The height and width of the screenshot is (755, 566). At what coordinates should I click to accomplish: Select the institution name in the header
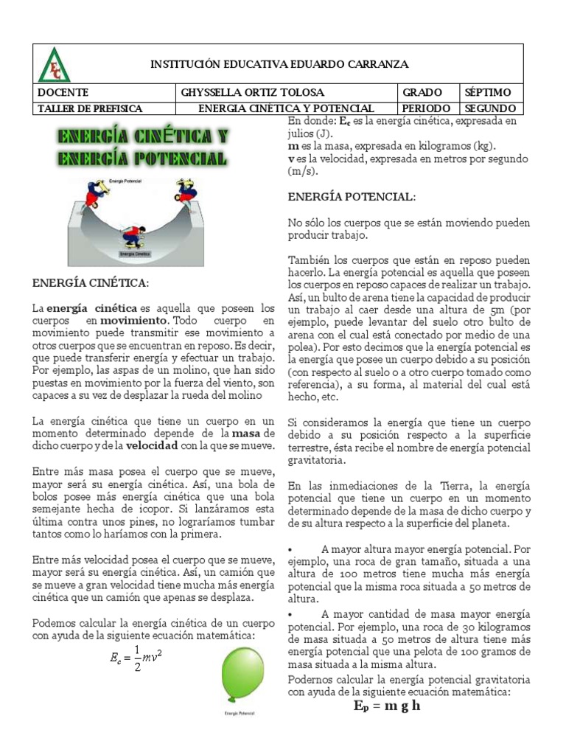(279, 65)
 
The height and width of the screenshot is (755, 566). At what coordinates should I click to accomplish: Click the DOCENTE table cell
(63, 93)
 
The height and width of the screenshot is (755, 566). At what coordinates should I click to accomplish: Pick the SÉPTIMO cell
(487, 93)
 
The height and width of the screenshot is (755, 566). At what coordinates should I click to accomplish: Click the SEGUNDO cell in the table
(490, 108)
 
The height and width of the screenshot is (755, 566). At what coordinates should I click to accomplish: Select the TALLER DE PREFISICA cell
(89, 108)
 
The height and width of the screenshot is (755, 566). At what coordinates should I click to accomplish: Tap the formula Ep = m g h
(386, 706)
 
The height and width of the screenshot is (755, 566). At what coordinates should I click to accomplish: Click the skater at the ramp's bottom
(133, 235)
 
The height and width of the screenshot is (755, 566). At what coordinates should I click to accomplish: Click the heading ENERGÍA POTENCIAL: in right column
(351, 198)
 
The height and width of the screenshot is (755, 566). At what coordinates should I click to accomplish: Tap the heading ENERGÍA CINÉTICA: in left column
(90, 283)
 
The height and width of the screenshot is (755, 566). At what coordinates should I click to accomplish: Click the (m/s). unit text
(301, 171)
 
